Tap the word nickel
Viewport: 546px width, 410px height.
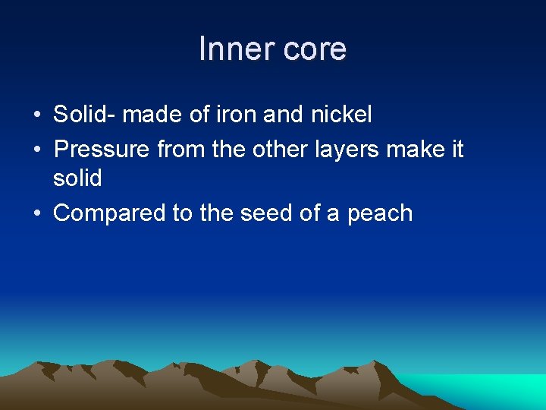pyautogui.click(x=342, y=115)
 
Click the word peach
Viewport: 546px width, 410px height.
pyautogui.click(x=380, y=213)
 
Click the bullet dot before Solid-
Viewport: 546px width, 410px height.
pyautogui.click(x=37, y=115)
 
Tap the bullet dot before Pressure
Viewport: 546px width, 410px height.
pyautogui.click(x=37, y=149)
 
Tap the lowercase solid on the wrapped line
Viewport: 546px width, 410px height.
pyautogui.click(x=77, y=179)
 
